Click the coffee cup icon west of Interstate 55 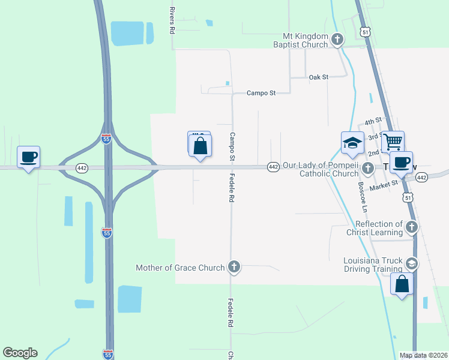pos(28,157)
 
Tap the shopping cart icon pos(393,142)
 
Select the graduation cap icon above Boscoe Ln pos(352,143)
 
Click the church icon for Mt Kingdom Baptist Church pos(337,40)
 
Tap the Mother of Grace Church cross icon pos(234,268)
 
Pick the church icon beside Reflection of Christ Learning pos(411,227)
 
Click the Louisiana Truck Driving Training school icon pos(411,263)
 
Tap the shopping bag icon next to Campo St pos(200,145)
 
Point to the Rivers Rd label pos(172,20)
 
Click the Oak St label pos(319,77)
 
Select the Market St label pos(384,186)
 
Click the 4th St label pos(373,122)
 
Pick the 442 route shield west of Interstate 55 pos(82,168)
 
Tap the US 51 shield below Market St pos(408,197)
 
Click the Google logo pos(20,353)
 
